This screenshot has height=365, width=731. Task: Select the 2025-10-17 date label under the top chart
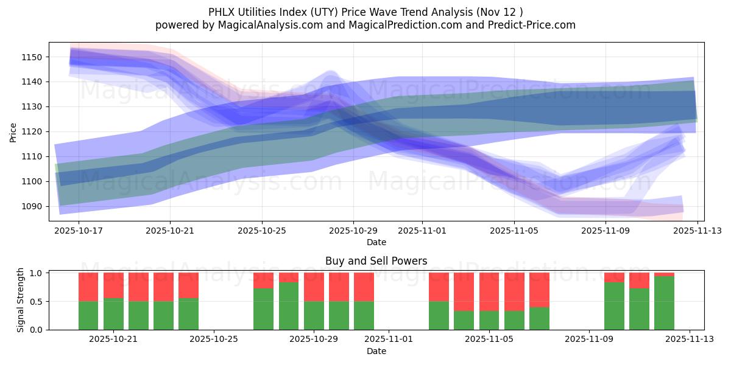click(79, 231)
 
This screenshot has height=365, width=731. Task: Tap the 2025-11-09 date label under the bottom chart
click(589, 339)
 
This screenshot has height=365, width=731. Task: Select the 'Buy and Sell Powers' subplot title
click(376, 261)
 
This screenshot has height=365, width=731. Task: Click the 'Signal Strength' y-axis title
click(21, 300)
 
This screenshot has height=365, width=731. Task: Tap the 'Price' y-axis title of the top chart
click(13, 131)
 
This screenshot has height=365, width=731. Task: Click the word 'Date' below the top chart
click(376, 242)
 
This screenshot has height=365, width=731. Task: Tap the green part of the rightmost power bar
click(664, 303)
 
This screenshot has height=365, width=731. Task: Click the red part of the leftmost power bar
click(88, 287)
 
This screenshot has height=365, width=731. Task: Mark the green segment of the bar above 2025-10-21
click(113, 314)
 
